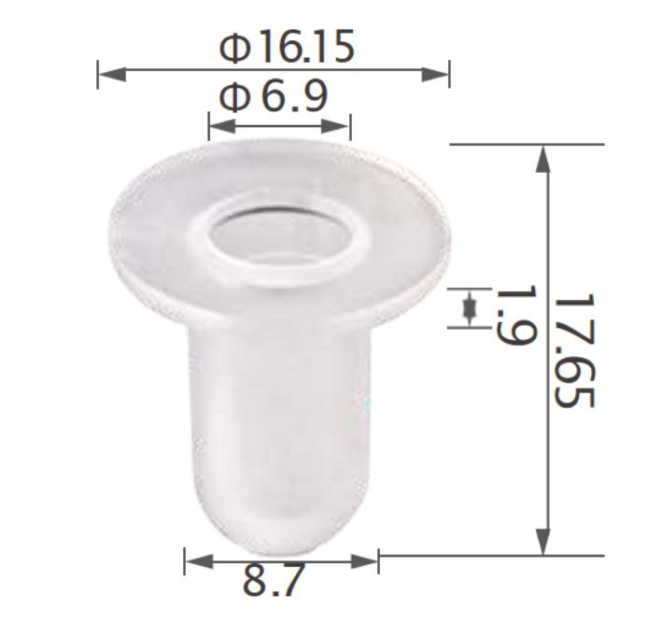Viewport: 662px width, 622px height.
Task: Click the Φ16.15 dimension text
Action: [x=287, y=48]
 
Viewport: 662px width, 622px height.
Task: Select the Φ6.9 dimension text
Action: [x=273, y=96]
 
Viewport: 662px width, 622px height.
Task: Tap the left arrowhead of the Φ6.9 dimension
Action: [x=220, y=124]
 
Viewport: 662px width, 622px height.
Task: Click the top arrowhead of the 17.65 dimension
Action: [x=543, y=159]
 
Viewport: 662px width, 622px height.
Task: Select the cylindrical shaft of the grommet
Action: [x=280, y=402]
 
